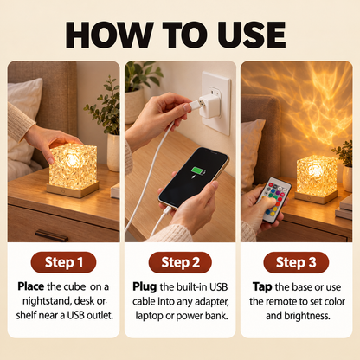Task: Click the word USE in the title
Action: (x=252, y=35)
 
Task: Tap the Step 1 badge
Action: (x=63, y=262)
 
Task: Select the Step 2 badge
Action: (x=180, y=262)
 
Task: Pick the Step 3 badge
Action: (x=296, y=262)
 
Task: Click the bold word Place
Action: (x=31, y=286)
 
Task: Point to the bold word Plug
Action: (x=145, y=287)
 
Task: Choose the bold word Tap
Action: (x=262, y=287)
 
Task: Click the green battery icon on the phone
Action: (x=199, y=171)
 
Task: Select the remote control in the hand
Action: (x=273, y=200)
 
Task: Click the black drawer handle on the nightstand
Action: (x=52, y=235)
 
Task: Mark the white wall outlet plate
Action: (x=216, y=103)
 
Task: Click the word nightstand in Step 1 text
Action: (x=47, y=301)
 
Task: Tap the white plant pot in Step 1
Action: (x=113, y=152)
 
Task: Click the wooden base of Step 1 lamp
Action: (x=73, y=190)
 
